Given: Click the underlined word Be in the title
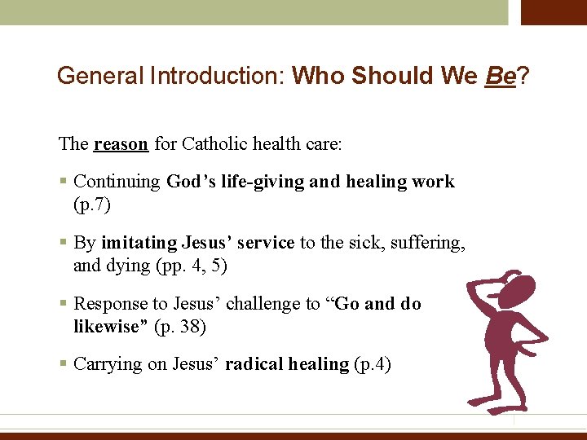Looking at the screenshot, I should click(501, 76).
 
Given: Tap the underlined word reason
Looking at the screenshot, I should click(121, 144).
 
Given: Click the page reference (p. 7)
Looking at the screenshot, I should click(91, 204).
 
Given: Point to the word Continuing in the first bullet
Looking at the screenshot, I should click(117, 182).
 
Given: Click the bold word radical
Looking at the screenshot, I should click(254, 364).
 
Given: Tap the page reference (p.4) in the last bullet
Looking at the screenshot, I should click(373, 364).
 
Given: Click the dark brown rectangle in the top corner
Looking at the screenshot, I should click(554, 12).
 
